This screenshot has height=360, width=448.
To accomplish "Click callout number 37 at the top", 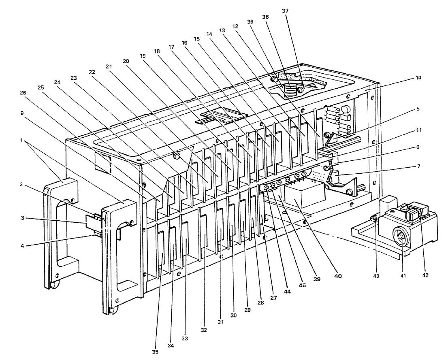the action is (285, 11).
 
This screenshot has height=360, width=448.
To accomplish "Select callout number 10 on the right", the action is (418, 78).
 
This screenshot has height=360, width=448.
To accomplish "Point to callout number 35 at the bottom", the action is (155, 352).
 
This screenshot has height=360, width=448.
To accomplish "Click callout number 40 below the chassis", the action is (338, 276).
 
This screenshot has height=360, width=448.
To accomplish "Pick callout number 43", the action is (376, 276).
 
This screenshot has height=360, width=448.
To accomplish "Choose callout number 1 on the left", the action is (21, 140).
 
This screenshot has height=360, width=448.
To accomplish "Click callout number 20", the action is (126, 61).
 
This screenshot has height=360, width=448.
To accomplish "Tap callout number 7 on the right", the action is (418, 166).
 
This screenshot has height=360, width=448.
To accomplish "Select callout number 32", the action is (203, 330).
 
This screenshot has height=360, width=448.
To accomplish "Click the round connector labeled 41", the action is (402, 236).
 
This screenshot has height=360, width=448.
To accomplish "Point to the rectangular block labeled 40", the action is (304, 196).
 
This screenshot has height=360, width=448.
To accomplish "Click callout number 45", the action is (302, 285).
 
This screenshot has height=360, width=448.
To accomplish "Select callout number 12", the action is (235, 26).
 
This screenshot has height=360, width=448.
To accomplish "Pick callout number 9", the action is (22, 113).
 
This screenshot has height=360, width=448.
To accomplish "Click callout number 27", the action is (273, 297).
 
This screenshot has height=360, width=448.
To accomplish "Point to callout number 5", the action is (418, 109).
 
